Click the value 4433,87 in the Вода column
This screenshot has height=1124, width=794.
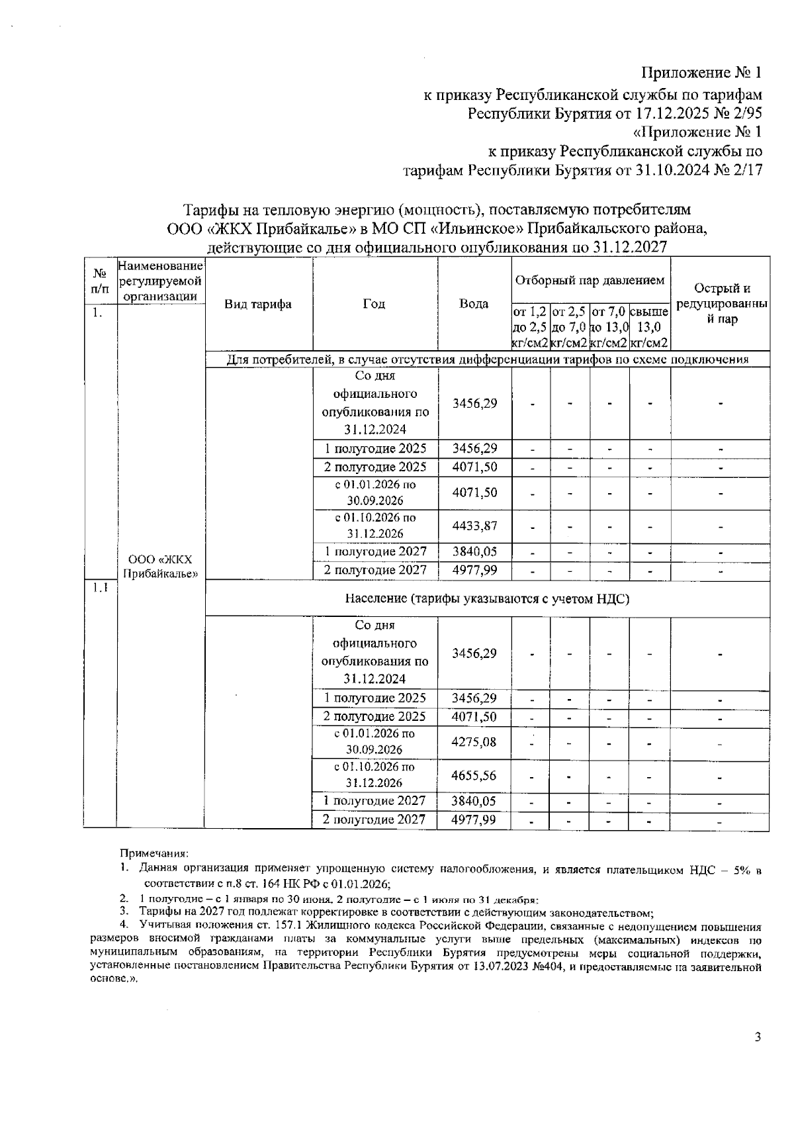[474, 526]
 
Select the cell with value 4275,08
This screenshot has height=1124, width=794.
[474, 741]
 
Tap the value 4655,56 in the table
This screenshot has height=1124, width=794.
[474, 775]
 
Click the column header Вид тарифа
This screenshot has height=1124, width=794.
[258, 304]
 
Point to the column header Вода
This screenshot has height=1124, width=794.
[474, 304]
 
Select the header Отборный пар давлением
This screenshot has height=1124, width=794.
[590, 281]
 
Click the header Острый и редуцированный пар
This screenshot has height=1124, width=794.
[721, 304]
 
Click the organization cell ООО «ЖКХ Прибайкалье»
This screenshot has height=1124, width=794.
[160, 566]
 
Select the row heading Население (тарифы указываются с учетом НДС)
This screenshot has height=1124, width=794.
[487, 599]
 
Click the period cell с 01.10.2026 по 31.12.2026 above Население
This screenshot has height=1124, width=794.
[375, 526]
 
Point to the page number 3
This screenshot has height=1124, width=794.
[758, 1037]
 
